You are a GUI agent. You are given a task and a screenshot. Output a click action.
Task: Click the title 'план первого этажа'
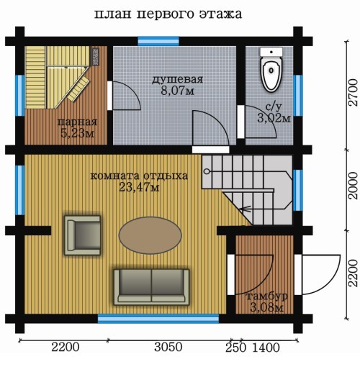coord(168,14)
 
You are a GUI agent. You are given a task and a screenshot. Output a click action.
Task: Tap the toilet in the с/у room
coord(271,70)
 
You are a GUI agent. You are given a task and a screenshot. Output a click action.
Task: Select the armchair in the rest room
coord(82,235)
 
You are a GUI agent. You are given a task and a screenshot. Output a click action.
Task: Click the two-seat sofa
coord(152,287)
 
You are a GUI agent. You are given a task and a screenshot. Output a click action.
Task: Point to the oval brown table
coord(150,235)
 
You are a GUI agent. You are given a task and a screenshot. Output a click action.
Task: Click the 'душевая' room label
coord(177,80)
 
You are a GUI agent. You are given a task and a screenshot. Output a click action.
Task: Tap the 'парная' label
coord(77,122)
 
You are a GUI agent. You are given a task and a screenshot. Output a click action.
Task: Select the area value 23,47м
coord(140,188)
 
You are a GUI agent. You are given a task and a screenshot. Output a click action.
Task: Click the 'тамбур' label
coord(267,296)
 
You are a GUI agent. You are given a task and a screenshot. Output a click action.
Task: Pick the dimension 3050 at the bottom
coord(168,347)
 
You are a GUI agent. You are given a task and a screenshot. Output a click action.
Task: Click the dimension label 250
coord(235,348)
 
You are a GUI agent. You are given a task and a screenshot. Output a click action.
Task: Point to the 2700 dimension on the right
coord(353,92)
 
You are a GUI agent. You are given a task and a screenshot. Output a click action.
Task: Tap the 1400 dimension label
coord(266,348)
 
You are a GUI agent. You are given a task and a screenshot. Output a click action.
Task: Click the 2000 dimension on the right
coord(353,186)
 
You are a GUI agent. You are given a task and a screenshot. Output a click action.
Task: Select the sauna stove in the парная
coord(95,56)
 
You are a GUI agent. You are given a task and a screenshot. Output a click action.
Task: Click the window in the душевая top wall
coord(158,41)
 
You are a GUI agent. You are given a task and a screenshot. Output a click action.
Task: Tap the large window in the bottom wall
coord(158,319)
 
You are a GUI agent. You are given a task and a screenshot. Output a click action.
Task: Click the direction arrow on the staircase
coord(246,209)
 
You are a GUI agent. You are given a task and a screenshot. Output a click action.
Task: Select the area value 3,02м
coord(274,118)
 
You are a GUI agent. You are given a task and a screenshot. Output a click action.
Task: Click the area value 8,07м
coord(177,91)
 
